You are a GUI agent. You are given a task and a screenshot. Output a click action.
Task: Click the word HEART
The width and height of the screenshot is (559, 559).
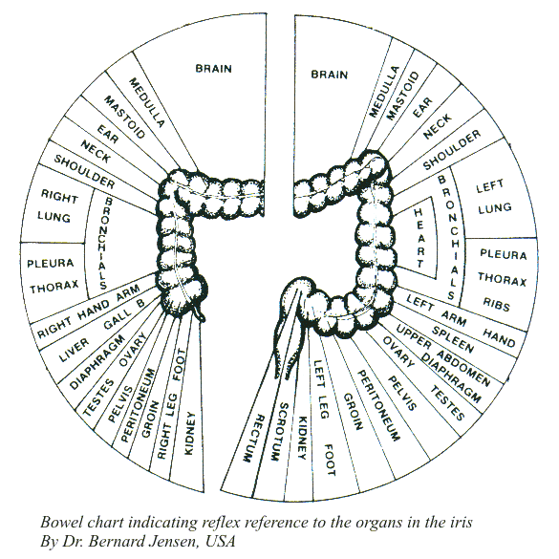[419, 238]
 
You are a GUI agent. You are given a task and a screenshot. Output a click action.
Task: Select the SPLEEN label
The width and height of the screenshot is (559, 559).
[453, 339]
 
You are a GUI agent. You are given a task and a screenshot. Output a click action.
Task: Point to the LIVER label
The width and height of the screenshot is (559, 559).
[74, 350]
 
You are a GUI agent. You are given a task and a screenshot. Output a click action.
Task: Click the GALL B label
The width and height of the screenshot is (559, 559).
[124, 314]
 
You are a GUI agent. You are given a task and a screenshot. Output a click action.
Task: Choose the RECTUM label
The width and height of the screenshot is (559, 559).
[253, 439]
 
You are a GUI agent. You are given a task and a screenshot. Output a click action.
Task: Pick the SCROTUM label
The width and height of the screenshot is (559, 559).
[278, 431]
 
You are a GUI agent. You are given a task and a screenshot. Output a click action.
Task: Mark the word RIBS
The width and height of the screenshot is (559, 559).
[496, 304]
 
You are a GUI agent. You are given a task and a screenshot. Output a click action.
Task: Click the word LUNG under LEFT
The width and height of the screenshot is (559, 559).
[495, 208]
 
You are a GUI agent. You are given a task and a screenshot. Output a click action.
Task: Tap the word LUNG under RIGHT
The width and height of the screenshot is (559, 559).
[54, 217]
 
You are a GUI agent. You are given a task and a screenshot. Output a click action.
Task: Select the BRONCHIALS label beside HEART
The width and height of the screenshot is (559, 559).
[447, 237]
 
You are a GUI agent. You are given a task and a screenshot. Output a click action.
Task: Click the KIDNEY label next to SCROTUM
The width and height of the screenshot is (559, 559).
[302, 438]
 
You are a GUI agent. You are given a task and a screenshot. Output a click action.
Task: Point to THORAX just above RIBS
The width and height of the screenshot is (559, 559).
[502, 279]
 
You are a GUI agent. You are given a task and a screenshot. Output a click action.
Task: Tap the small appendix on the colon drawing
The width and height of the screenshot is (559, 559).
[200, 312]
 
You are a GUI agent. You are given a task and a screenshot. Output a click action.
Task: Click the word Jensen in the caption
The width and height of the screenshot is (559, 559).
[168, 541]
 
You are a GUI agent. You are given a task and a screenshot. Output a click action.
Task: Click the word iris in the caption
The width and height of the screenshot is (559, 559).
[462, 522]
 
